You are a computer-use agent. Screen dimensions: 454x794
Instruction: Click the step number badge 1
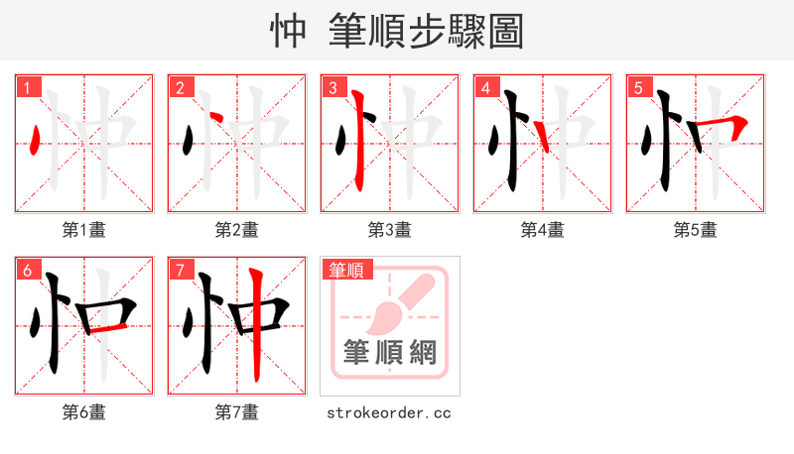point(27,87)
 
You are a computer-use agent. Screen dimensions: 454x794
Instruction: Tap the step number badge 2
point(180,87)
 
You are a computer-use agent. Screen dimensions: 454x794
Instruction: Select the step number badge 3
point(332,87)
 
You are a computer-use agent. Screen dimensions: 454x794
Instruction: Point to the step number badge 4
point(485,87)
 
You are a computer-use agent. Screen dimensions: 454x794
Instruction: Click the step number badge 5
point(638,87)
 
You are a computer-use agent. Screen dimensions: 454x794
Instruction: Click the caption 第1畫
point(84,230)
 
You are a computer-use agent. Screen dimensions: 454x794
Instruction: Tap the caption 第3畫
point(390,230)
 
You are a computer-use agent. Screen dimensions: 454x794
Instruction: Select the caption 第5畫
point(696,230)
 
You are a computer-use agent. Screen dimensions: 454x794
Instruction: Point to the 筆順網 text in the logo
point(390,353)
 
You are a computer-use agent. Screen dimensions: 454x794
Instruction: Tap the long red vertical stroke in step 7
point(256,322)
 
